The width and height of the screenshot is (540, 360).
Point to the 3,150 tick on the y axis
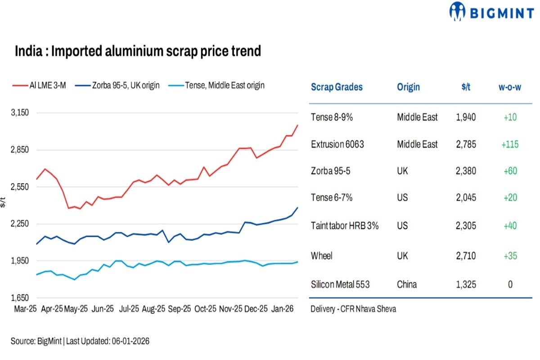pos(20,112)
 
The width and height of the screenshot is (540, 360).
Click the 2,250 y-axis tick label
pos(20,224)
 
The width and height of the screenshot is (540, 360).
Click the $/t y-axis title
pos(3,202)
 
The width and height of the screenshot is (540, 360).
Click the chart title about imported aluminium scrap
pos(138,51)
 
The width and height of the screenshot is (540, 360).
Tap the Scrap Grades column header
pos(337,87)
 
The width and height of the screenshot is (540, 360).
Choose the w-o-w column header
pos(509,87)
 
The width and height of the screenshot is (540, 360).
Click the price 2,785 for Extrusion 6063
pos(465,144)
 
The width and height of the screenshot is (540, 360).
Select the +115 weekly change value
pos(509,144)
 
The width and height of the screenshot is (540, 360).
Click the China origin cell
pos(406,284)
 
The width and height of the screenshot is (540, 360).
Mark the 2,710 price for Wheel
pos(465,256)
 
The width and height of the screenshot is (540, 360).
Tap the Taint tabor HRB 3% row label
pos(344,225)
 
